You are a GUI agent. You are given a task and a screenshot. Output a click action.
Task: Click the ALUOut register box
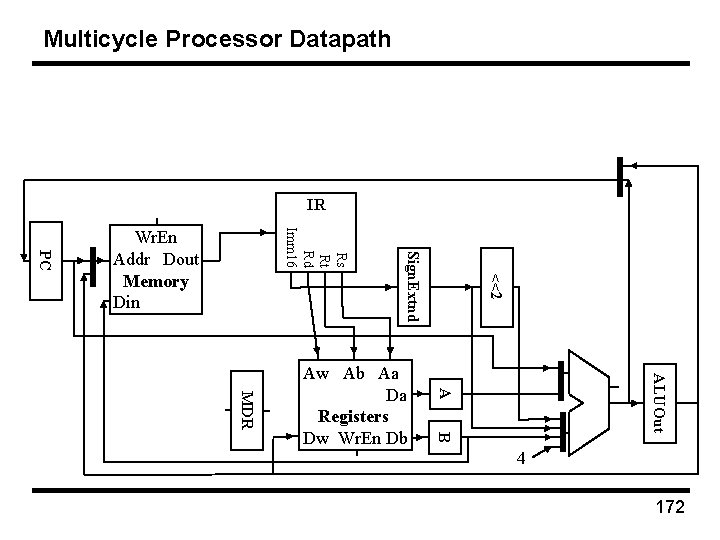659,401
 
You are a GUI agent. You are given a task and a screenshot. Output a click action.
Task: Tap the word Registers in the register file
353,415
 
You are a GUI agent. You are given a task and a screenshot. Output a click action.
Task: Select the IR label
316,206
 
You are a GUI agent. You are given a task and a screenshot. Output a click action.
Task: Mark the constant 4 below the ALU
521,459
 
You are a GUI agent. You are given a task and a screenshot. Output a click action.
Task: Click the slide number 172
669,509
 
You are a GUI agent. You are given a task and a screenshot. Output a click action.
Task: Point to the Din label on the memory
128,301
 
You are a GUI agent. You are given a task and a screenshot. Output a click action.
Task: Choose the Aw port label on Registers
315,374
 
